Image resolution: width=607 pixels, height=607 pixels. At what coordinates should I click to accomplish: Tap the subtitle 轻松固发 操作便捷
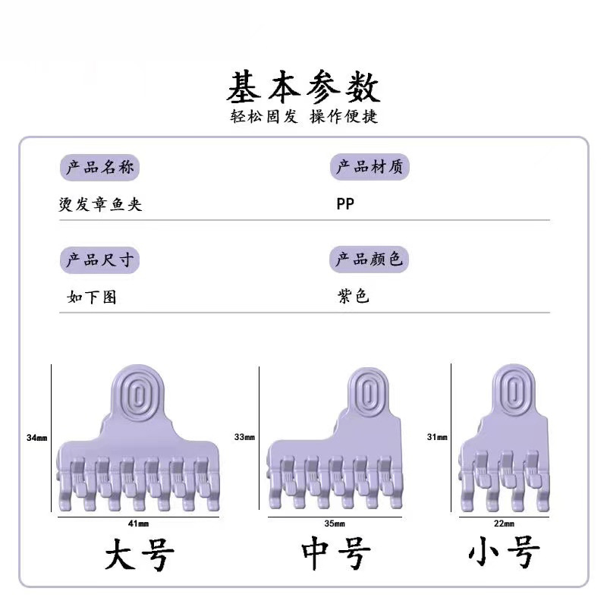pos(304,117)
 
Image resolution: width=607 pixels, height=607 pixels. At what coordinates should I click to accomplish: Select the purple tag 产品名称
pos(99,167)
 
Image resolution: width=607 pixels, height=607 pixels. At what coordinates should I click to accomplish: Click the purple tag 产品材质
pos(370,167)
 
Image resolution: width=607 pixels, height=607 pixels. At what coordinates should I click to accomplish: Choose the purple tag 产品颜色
pos(370,259)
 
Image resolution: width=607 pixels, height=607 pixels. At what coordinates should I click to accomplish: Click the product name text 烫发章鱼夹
pos(100,205)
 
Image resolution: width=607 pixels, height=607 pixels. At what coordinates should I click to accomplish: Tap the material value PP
pos(345,205)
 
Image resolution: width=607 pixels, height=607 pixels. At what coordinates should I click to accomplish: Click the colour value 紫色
pos(354,296)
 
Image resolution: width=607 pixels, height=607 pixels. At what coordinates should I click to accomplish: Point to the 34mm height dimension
pos(36,439)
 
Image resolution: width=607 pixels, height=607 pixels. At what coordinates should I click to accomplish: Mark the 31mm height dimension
pos(438,437)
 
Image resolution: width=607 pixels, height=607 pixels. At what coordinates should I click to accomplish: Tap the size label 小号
pos(505,554)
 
